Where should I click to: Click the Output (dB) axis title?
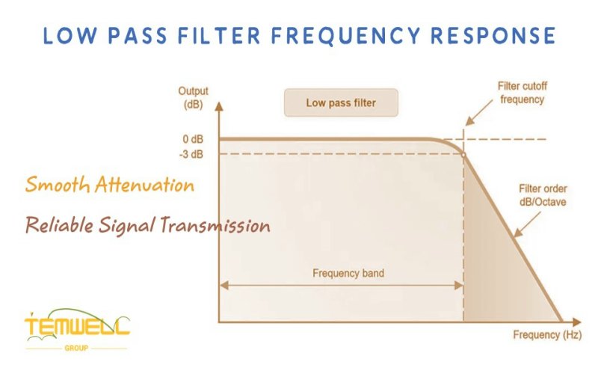pyautogui.click(x=193, y=97)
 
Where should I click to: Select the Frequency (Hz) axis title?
pyautogui.click(x=546, y=334)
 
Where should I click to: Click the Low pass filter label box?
pyautogui.click(x=341, y=103)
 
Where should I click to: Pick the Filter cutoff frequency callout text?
pyautogui.click(x=521, y=93)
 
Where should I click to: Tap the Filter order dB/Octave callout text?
pyautogui.click(x=544, y=196)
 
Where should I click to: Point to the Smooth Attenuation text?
pyautogui.click(x=110, y=184)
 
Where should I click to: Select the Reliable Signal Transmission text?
pyautogui.click(x=147, y=224)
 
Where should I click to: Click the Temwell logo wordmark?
pyautogui.click(x=76, y=328)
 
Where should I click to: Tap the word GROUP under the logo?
pyautogui.click(x=77, y=349)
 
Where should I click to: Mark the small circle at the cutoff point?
pyautogui.click(x=463, y=154)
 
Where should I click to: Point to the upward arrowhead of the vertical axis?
pyautogui.click(x=218, y=106)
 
